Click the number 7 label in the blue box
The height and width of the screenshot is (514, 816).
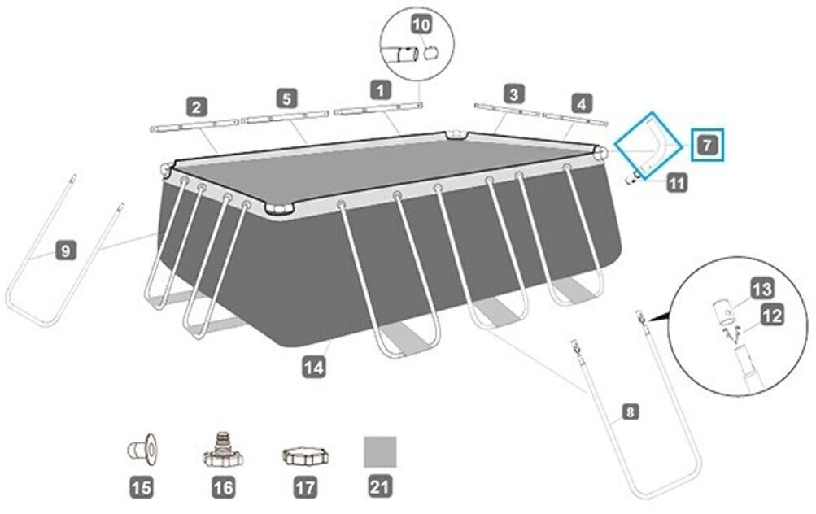(707, 145)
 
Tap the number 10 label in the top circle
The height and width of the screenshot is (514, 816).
(422, 24)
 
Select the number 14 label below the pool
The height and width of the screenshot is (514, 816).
(314, 368)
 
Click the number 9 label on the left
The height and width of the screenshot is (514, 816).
(66, 251)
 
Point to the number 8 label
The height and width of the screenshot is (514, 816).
(631, 412)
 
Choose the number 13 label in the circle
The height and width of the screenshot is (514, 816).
(761, 290)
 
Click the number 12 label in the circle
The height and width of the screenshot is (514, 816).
(772, 316)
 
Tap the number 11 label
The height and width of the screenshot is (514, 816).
(677, 183)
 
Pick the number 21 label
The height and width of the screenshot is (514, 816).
(380, 487)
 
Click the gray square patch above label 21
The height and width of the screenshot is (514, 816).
(380, 451)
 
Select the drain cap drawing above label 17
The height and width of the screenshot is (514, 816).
(305, 455)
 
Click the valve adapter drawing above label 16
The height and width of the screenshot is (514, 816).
(223, 450)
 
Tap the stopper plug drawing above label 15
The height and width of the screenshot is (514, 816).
(142, 449)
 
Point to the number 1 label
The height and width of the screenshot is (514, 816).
(381, 90)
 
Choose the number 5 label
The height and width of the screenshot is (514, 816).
(286, 98)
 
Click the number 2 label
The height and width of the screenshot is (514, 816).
(196, 107)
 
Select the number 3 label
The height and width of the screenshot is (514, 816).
(514, 94)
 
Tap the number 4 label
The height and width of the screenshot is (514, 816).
(582, 103)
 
